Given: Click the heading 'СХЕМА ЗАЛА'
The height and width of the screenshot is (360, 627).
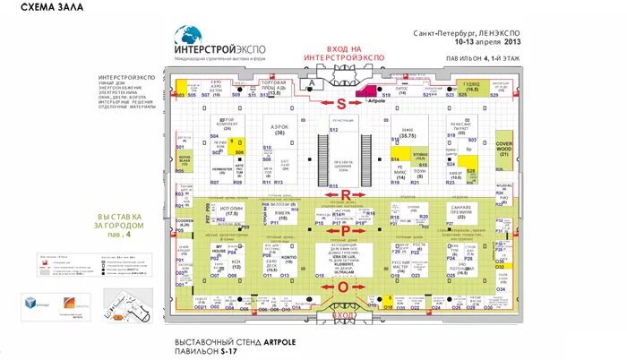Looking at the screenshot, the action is point(47,8).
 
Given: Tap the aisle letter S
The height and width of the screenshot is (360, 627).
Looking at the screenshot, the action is point(340,103).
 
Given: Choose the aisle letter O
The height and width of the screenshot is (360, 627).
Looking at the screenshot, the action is point(341,287).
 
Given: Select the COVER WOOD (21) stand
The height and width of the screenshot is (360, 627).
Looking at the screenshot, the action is point(503,148).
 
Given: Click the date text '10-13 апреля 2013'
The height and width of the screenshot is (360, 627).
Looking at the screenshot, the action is point(487,41).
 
